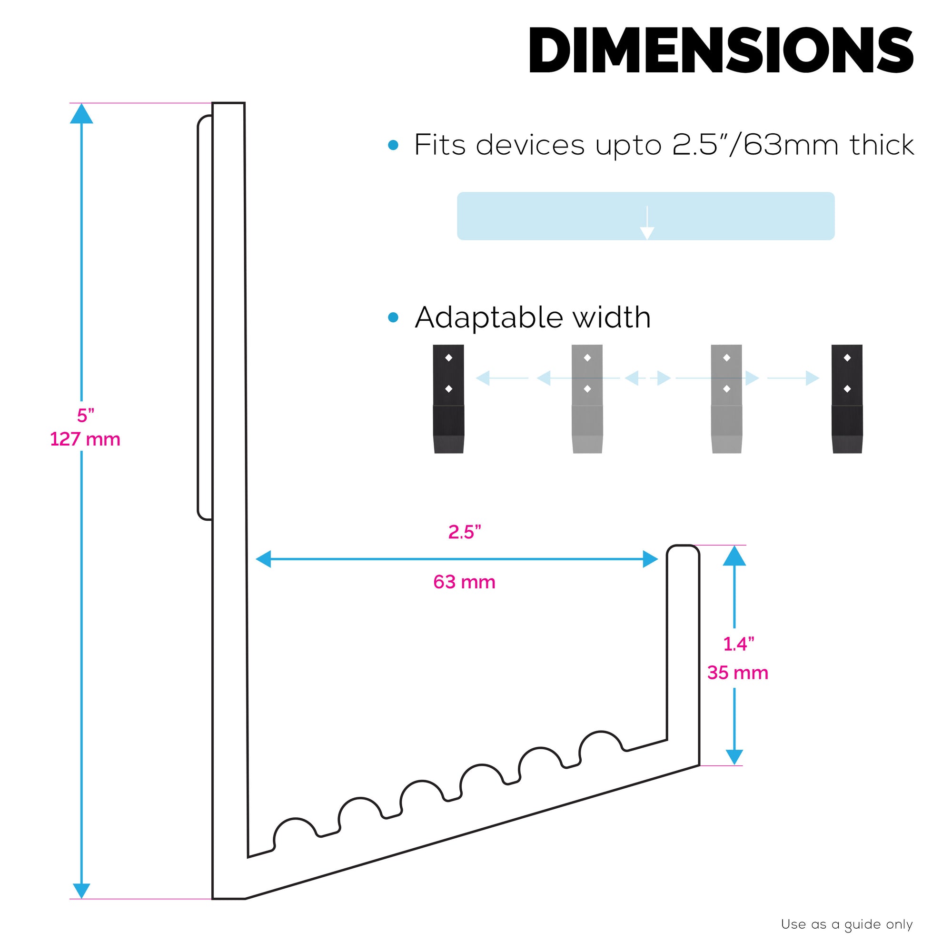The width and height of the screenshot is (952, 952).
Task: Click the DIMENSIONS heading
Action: point(721,50)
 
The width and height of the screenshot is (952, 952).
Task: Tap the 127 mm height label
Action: point(85,439)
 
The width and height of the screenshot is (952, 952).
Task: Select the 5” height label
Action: point(85,416)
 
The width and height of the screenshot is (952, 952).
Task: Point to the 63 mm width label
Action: point(464,582)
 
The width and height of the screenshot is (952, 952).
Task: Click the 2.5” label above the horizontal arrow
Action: point(464,532)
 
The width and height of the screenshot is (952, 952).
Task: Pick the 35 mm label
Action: point(738,673)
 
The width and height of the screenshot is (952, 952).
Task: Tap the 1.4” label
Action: point(738,644)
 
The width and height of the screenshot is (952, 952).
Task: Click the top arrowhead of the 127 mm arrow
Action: point(81,114)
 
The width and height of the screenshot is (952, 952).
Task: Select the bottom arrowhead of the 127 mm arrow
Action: point(81,890)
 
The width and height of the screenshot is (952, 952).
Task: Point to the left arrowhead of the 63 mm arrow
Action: point(264,559)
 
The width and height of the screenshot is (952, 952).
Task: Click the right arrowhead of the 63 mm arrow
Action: point(650,559)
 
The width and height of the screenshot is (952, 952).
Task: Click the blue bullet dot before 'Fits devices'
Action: point(393,145)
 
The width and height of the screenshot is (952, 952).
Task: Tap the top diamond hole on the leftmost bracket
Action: point(448,358)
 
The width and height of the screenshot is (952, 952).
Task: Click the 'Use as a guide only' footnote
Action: point(846,924)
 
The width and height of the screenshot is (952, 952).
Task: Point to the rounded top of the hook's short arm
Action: point(683,548)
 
